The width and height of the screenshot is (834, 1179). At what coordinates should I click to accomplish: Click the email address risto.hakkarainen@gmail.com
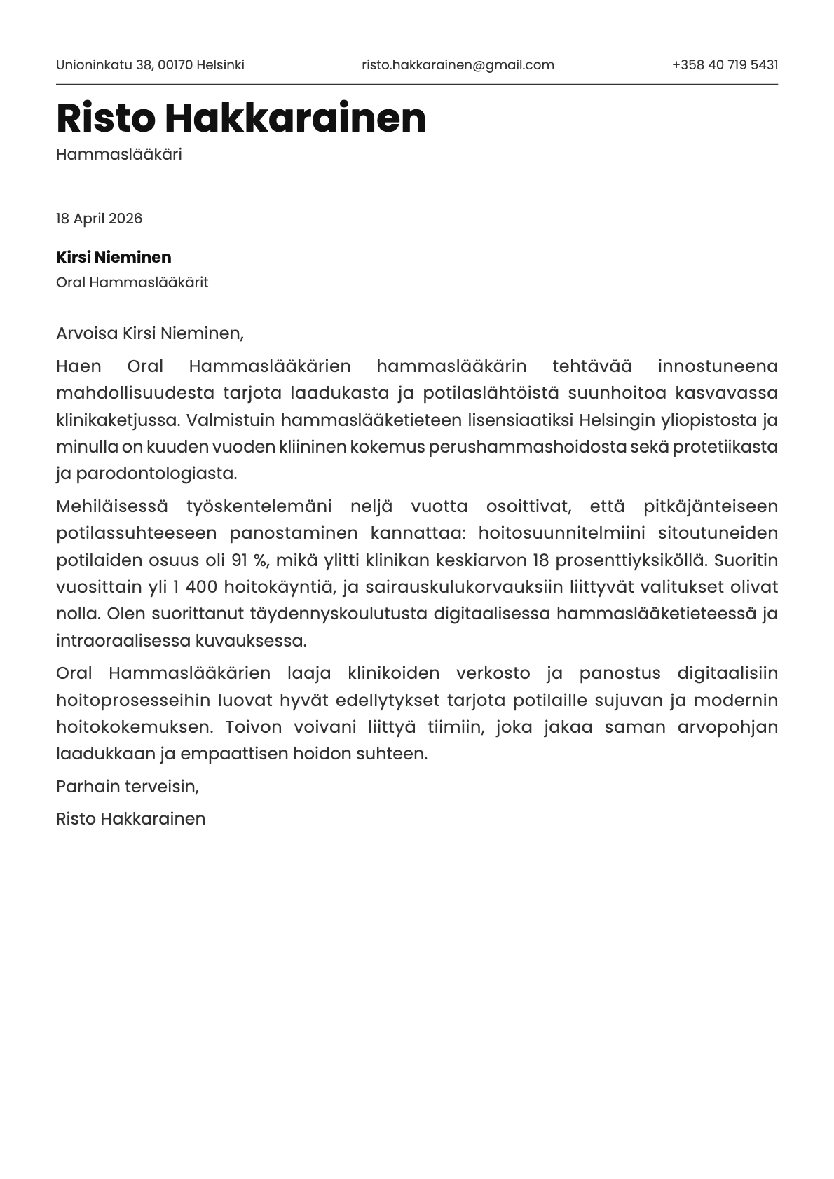458,65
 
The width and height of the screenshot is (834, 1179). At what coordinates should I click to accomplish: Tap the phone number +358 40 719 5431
725,65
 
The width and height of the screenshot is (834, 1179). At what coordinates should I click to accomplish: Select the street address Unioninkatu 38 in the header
104,65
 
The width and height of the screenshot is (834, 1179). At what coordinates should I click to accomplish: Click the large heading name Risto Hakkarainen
240,118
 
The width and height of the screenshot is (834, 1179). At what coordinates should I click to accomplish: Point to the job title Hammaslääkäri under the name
118,155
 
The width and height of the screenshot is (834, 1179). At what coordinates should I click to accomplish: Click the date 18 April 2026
99,219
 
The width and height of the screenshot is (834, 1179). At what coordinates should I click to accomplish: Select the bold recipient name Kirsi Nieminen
114,257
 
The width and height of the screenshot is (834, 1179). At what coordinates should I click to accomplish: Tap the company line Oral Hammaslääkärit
132,282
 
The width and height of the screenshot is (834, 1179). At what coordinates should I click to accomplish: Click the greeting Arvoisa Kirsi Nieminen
149,333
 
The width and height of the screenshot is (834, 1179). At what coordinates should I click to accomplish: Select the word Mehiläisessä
112,506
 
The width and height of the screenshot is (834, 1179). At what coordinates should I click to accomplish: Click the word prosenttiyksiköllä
630,560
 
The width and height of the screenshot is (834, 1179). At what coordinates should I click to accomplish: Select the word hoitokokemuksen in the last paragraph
133,726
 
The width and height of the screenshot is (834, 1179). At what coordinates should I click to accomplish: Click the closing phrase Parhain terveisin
127,786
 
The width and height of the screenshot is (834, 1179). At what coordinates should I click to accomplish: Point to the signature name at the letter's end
130,819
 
